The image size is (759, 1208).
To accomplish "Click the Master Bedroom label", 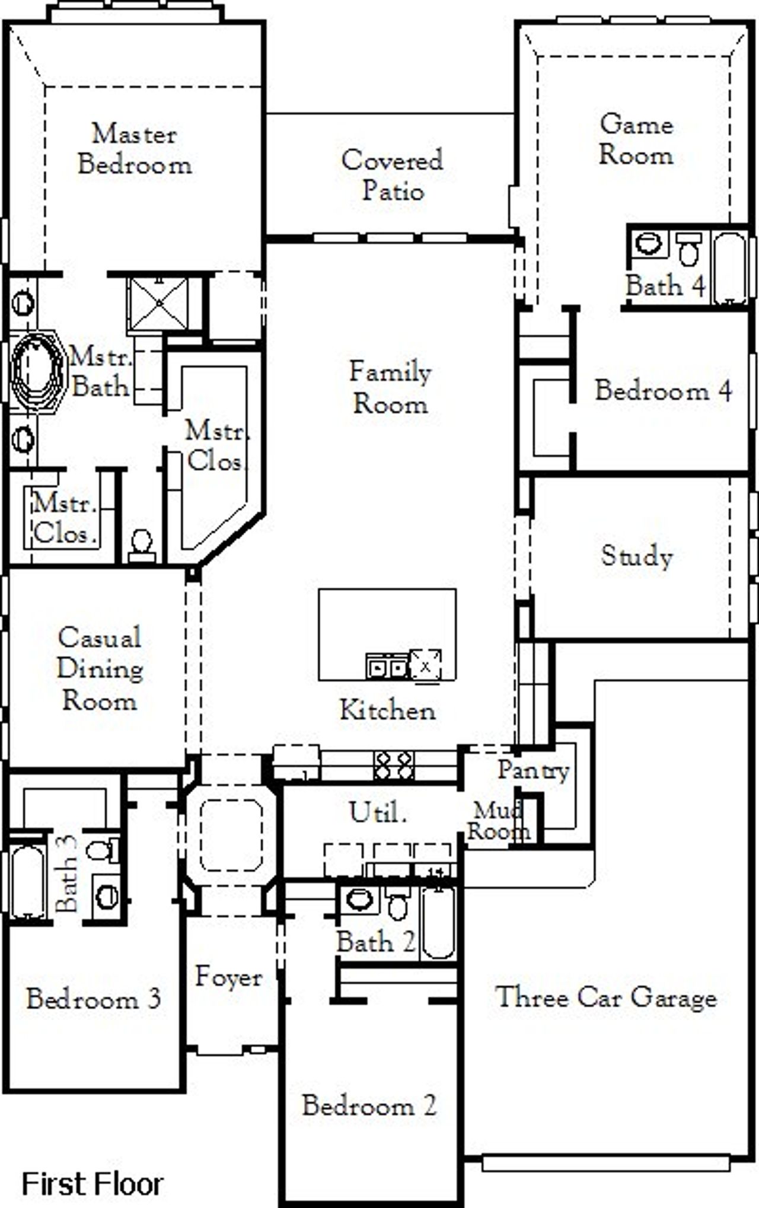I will [135, 149].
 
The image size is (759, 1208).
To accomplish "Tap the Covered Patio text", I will [392, 176].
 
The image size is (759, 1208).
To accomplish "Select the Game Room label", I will [636, 140].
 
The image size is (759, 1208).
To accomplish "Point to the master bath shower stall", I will [159, 304].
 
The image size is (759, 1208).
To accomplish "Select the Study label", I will [637, 556].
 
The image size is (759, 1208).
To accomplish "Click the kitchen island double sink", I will [387, 667].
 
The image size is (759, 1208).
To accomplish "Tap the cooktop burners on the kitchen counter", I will [393, 765].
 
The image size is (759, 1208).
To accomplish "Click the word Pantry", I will [533, 770].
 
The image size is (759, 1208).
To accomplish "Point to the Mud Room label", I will [498, 821].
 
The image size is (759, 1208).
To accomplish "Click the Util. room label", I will [378, 812].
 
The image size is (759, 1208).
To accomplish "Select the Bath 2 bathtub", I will [439, 923].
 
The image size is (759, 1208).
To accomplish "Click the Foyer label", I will [228, 977].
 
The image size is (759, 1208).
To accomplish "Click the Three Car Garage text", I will [605, 997].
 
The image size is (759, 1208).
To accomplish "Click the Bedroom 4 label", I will [663, 390].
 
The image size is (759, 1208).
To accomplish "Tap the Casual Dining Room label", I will [100, 669].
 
